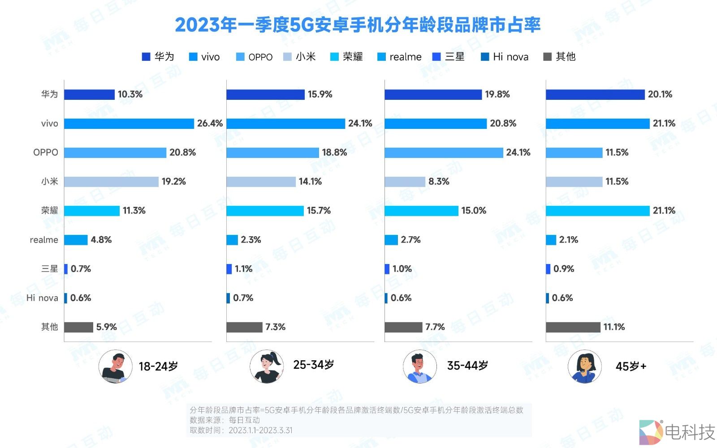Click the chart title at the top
click(x=358, y=25)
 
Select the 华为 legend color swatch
click(x=146, y=57)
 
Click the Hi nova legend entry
click(x=505, y=57)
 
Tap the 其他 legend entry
click(x=559, y=57)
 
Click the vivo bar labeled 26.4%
click(x=129, y=124)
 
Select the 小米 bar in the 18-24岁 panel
click(x=111, y=182)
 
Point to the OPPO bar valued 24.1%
click(x=444, y=153)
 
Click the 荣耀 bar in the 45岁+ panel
click(x=597, y=211)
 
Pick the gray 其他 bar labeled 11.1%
click(x=573, y=327)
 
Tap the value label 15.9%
click(x=320, y=94)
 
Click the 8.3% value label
click(x=438, y=182)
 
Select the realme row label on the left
click(x=44, y=240)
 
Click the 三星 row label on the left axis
click(x=49, y=269)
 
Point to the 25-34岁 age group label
click(x=313, y=365)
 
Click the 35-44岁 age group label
click(x=467, y=366)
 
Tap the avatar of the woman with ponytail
click(x=267, y=367)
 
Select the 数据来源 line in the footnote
click(x=225, y=420)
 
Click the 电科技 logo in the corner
click(x=677, y=432)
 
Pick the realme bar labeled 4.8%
click(x=76, y=240)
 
